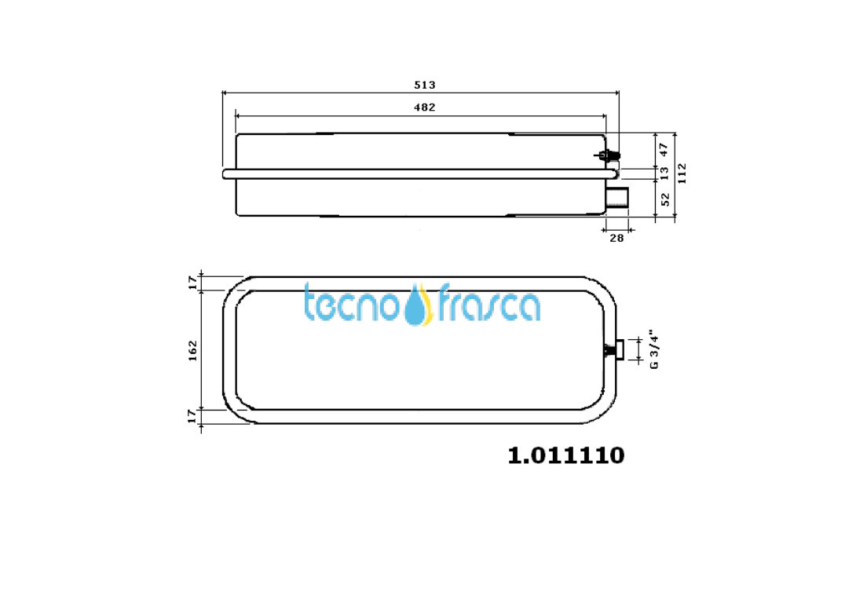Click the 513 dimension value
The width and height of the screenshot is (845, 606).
click(424, 85)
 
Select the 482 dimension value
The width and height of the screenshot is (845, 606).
click(424, 108)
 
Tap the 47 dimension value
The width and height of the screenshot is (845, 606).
click(664, 148)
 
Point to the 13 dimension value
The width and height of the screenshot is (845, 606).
click(664, 172)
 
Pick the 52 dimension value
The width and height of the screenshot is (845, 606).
click(664, 199)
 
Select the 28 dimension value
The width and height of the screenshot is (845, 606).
click(616, 238)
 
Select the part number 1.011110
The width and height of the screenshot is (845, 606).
click(566, 455)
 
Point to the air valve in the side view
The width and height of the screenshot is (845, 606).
click(608, 156)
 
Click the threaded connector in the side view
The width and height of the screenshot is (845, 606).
click(619, 197)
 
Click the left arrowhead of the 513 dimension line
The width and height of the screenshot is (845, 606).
click(225, 93)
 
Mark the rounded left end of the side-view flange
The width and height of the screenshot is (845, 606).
click(226, 173)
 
